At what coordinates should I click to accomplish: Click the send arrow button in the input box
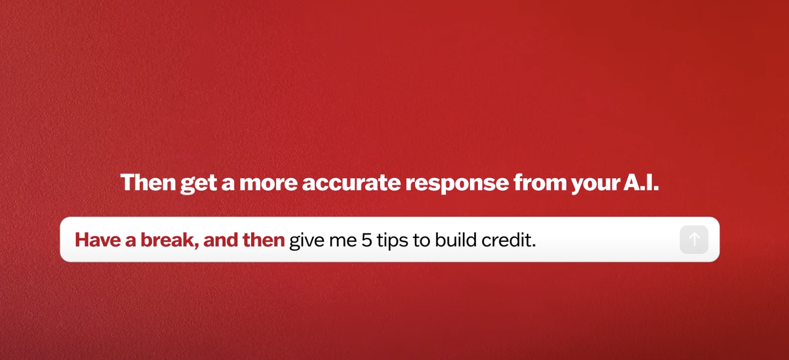pos(694,239)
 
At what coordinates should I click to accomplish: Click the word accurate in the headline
pos(351,183)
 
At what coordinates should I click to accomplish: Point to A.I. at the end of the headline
pos(641,182)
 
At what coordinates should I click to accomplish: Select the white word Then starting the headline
pos(148,182)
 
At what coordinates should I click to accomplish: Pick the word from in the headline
pos(540,182)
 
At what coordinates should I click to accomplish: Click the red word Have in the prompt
pos(97,240)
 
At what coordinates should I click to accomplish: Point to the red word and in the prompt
pos(221,240)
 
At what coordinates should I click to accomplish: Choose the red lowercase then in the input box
pos(263,240)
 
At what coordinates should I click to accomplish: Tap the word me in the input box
pos(343,242)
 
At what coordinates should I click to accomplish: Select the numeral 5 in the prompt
pos(366,240)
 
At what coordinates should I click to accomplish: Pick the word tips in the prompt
pos(392,241)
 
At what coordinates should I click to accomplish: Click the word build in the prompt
pos(455,240)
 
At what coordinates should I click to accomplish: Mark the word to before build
pos(421,240)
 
